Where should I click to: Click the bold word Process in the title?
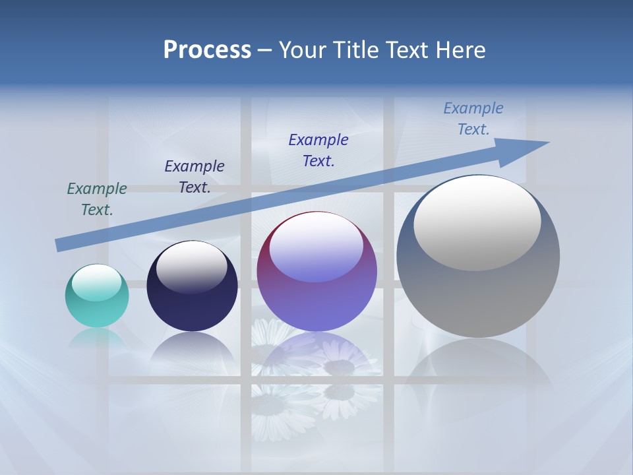coord(207,50)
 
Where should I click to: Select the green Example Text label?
coord(97,199)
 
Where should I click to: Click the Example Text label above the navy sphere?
coord(195,177)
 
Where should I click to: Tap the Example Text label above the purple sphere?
coord(318,150)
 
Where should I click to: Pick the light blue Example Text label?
coord(473,119)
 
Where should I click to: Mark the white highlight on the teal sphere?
coord(97,283)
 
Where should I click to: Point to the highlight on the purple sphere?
coord(316,247)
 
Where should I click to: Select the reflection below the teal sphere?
coord(97,340)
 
